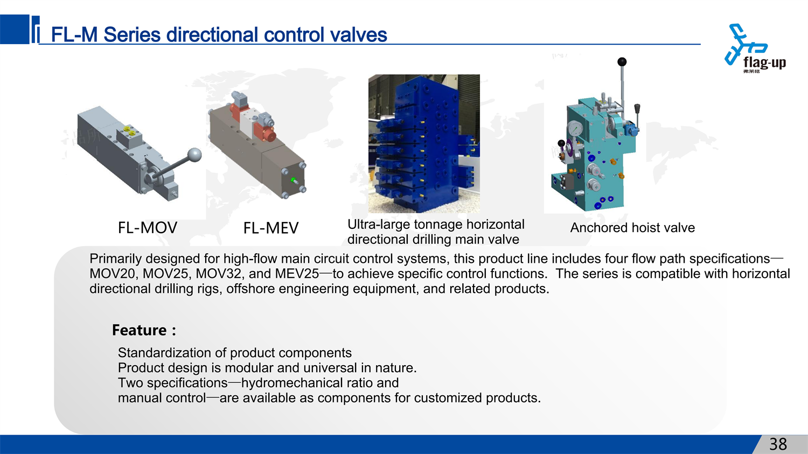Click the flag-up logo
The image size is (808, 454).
[755, 48]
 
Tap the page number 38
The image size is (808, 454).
[778, 444]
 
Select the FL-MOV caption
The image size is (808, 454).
[148, 228]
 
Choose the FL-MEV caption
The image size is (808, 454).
[271, 228]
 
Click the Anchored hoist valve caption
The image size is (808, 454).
[632, 228]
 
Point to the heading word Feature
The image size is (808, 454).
[139, 330]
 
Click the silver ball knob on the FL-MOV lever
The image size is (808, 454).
[194, 155]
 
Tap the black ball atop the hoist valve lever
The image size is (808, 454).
[622, 62]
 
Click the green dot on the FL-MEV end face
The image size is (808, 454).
[293, 179]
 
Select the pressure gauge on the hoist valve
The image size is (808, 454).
[574, 129]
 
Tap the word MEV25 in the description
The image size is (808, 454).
[297, 274]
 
